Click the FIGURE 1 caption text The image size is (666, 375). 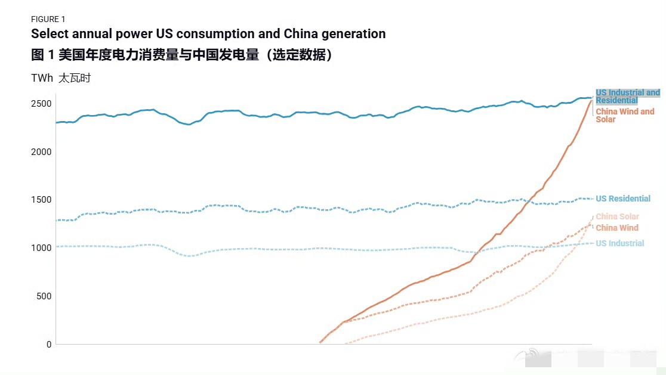point(48,19)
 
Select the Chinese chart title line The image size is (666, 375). point(181,55)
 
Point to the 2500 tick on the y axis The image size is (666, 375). point(41,104)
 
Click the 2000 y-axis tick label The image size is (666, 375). point(41,152)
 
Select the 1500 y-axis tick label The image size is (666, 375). point(41,200)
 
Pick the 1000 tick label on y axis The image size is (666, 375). point(41,248)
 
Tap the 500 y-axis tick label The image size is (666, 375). point(44,296)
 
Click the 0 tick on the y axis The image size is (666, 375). point(48,345)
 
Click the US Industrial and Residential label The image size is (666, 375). point(627,97)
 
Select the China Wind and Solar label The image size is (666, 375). point(625,116)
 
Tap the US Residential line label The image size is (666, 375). point(623,199)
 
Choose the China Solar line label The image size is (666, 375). point(617,216)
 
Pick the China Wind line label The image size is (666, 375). point(617,228)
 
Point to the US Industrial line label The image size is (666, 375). point(620,243)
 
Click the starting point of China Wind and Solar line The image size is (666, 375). point(320,342)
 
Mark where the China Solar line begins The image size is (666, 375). point(346,343)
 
